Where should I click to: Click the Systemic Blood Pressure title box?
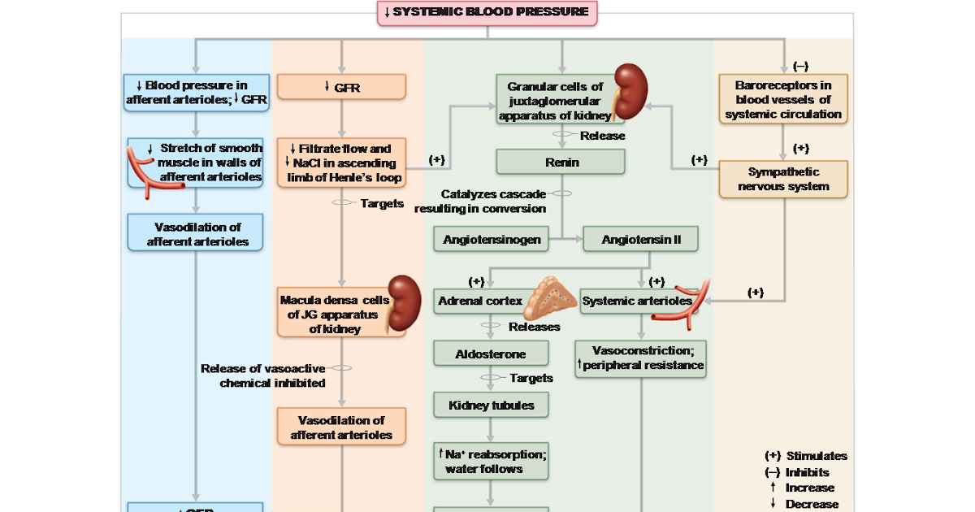point(487,12)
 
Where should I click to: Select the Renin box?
point(561,162)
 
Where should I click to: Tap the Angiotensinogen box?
point(492,240)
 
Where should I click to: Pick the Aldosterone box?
point(491,354)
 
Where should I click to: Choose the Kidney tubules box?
point(491,404)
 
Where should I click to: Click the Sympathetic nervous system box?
point(783,180)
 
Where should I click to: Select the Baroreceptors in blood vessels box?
point(783,99)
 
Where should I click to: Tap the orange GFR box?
point(341,87)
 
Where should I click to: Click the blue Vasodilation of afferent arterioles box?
point(196,234)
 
